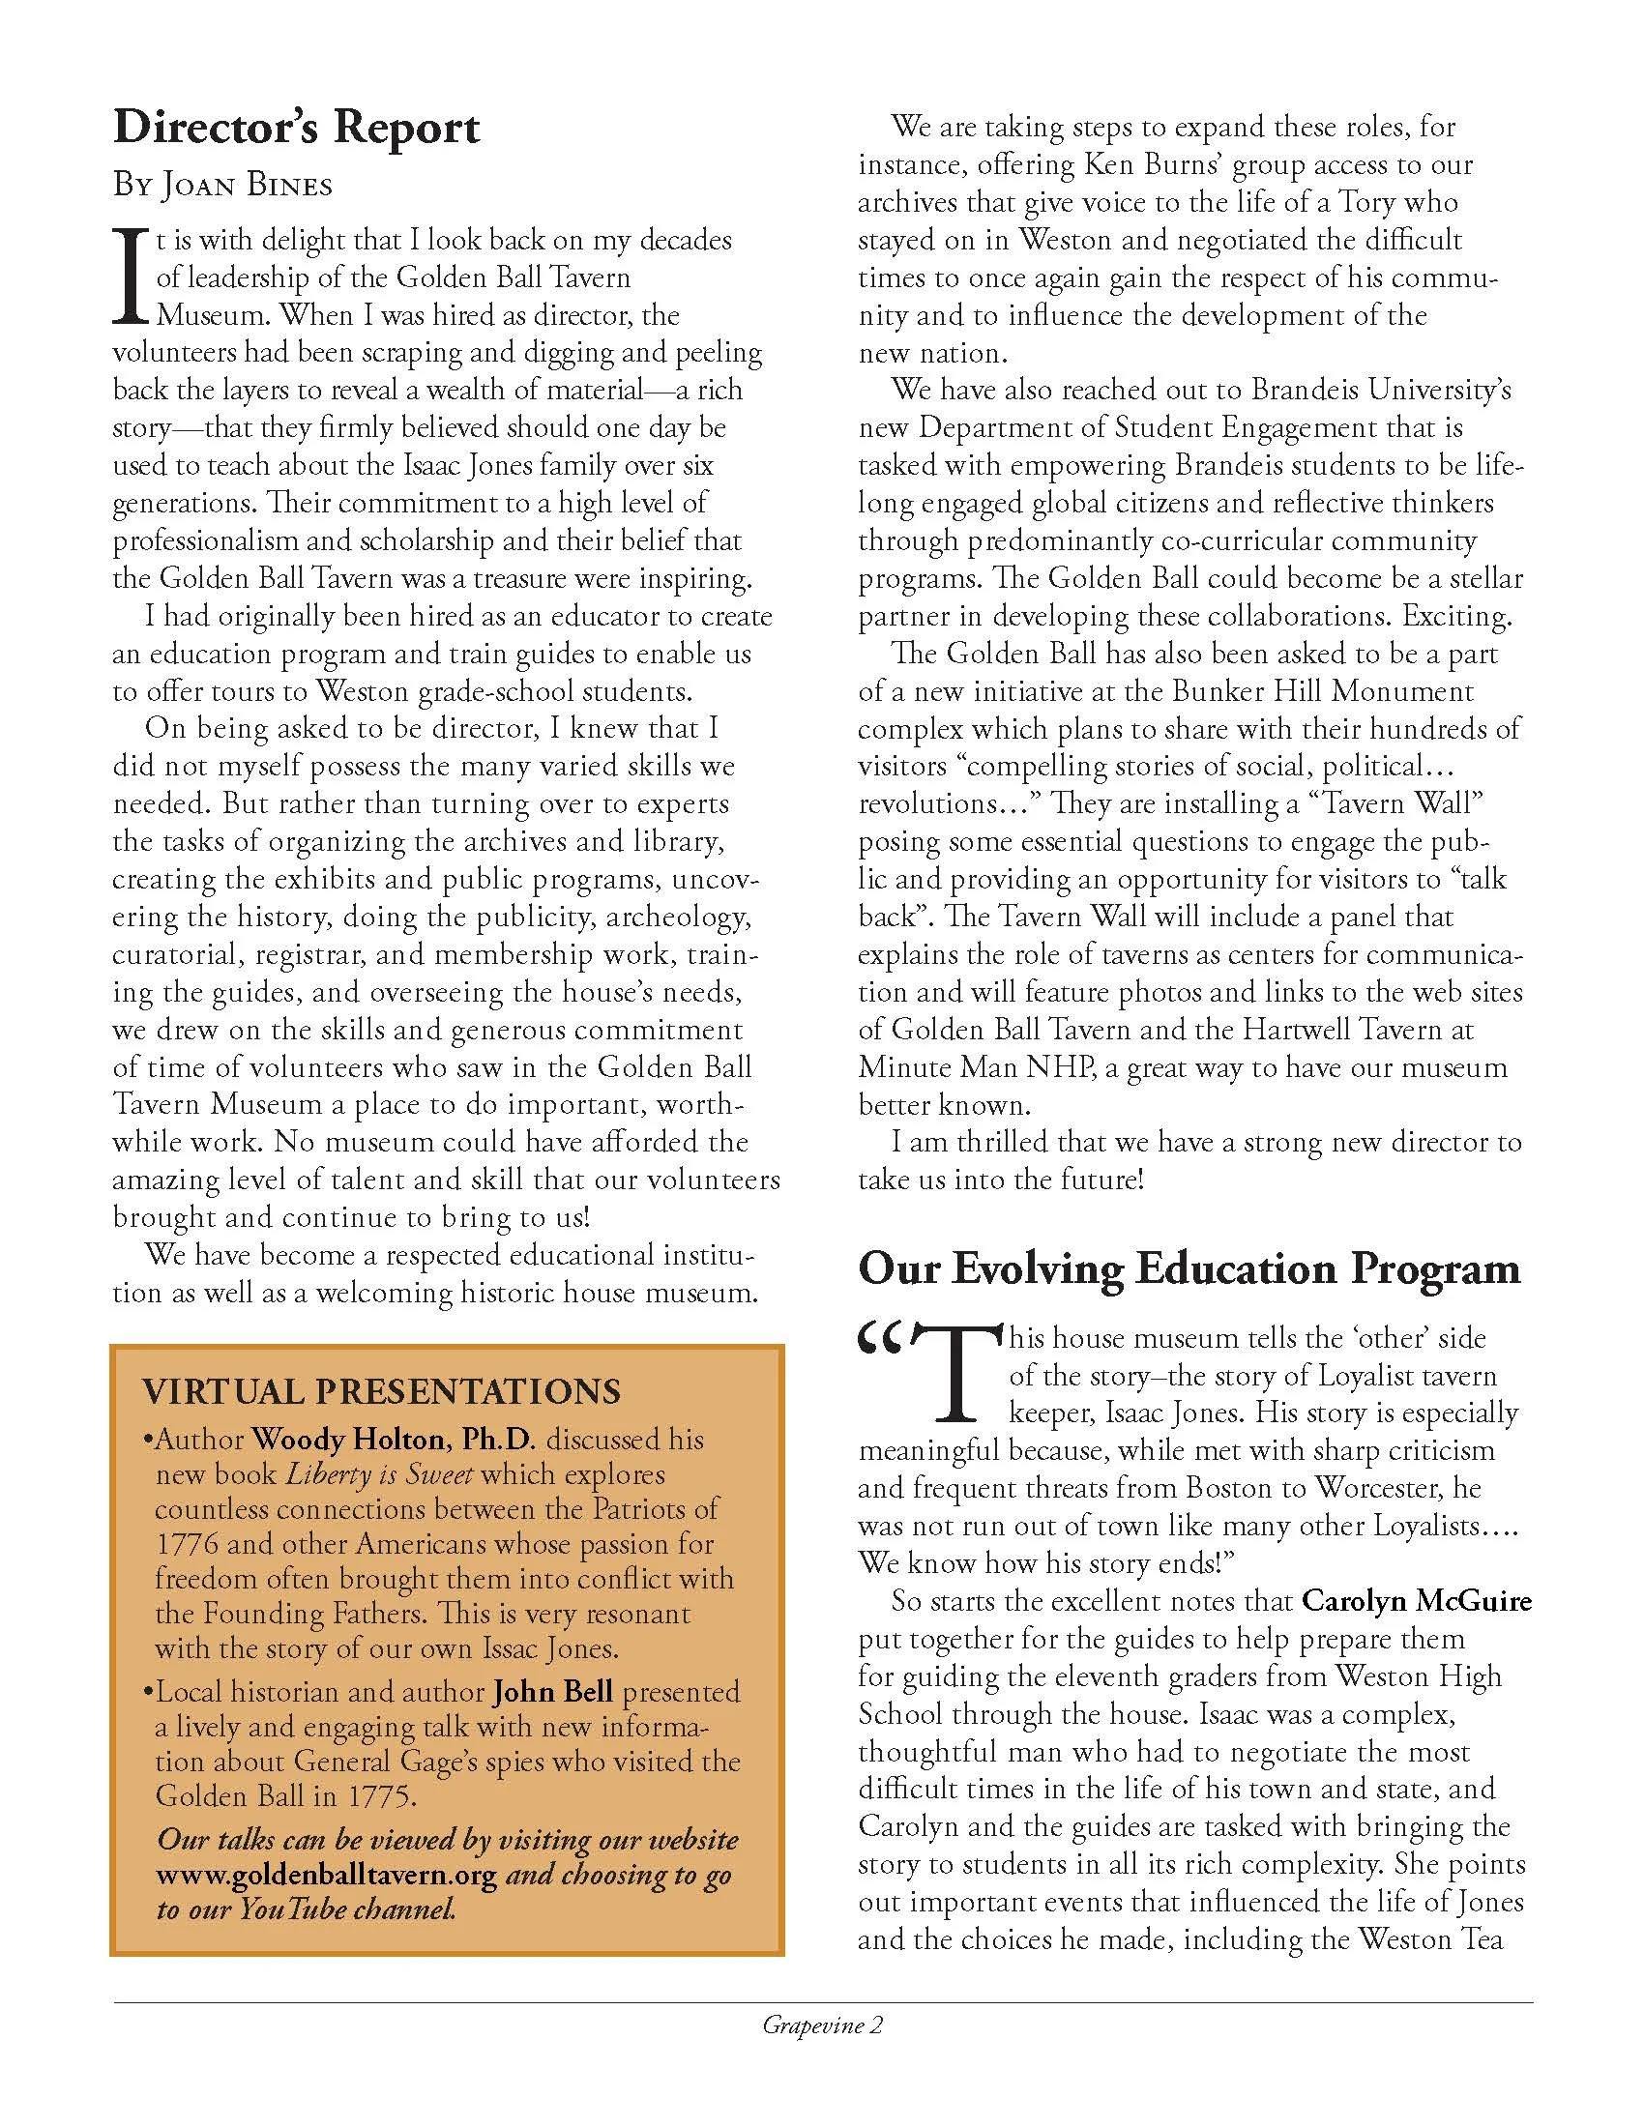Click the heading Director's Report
click(x=296, y=129)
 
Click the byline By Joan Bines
click(x=222, y=185)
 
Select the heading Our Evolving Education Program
click(x=1189, y=1269)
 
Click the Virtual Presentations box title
click(x=381, y=1390)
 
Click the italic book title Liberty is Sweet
click(x=380, y=1473)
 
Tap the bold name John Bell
click(x=553, y=1692)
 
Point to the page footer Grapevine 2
click(x=822, y=2026)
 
